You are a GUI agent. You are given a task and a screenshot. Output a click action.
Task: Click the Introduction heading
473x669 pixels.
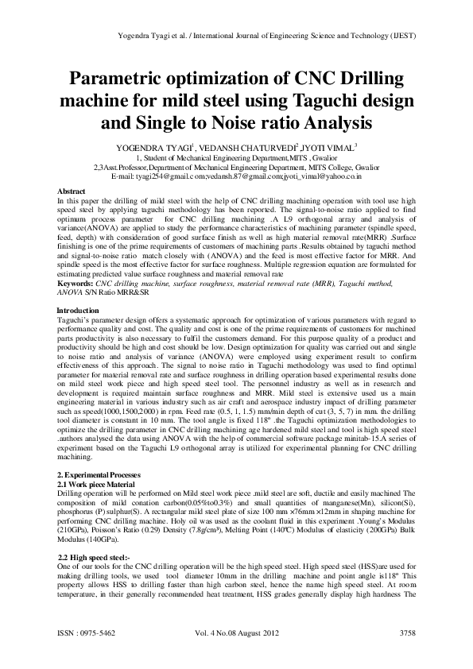click(79, 309)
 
